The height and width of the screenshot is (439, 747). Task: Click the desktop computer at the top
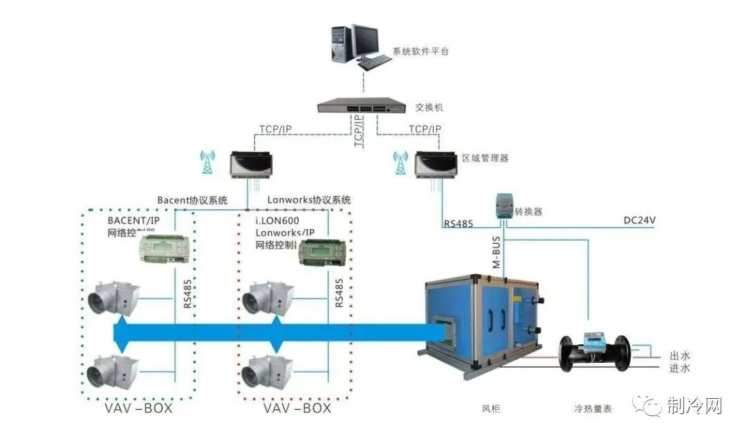coord(360,45)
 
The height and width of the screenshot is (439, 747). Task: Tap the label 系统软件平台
coord(421,51)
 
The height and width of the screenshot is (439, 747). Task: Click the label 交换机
coord(429,108)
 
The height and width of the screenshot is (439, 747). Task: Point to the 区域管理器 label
coord(486,158)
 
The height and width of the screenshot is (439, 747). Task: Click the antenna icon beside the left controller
coord(204,163)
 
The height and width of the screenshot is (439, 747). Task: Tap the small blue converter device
coord(504,206)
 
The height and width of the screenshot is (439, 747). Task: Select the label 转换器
coord(528,212)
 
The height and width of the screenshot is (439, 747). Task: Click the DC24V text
coord(639,221)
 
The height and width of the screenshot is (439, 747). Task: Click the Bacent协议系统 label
coord(192,200)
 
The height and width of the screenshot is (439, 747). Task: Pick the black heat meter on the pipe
coord(593,350)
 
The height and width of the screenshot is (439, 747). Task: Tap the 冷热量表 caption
coord(593,409)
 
